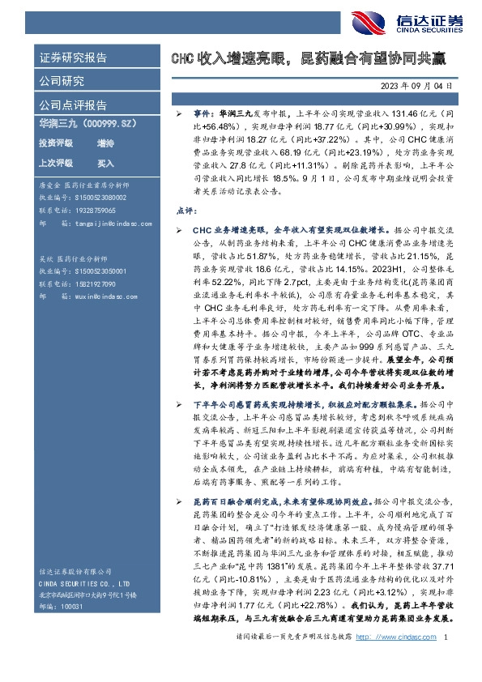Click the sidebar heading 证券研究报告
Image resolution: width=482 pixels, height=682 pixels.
pos(74,58)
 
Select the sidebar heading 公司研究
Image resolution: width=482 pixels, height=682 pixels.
pos(62,81)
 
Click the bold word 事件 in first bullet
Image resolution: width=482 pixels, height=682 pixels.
pos(204,117)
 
